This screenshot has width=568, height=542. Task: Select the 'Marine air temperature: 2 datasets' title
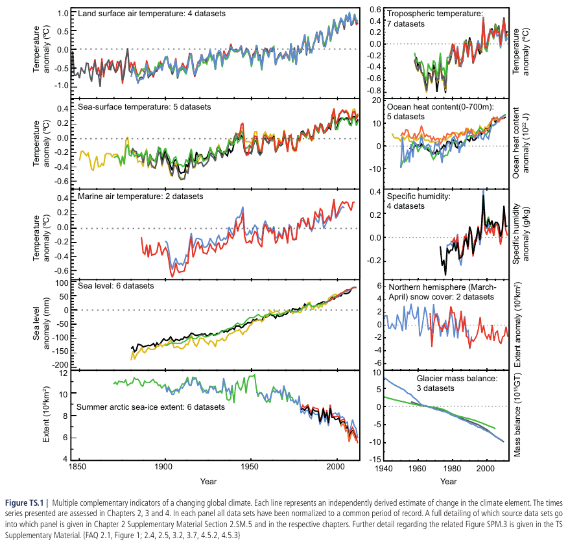coord(141,196)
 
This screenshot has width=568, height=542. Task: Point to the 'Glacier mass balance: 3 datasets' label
coord(457,383)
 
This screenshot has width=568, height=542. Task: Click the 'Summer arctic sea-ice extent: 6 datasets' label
coord(150,407)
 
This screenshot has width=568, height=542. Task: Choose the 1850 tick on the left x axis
coord(78,468)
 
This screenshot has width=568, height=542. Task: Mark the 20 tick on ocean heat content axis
coord(375,101)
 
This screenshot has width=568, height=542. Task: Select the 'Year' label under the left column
coord(209,481)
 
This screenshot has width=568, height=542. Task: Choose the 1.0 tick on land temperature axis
coord(63,14)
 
